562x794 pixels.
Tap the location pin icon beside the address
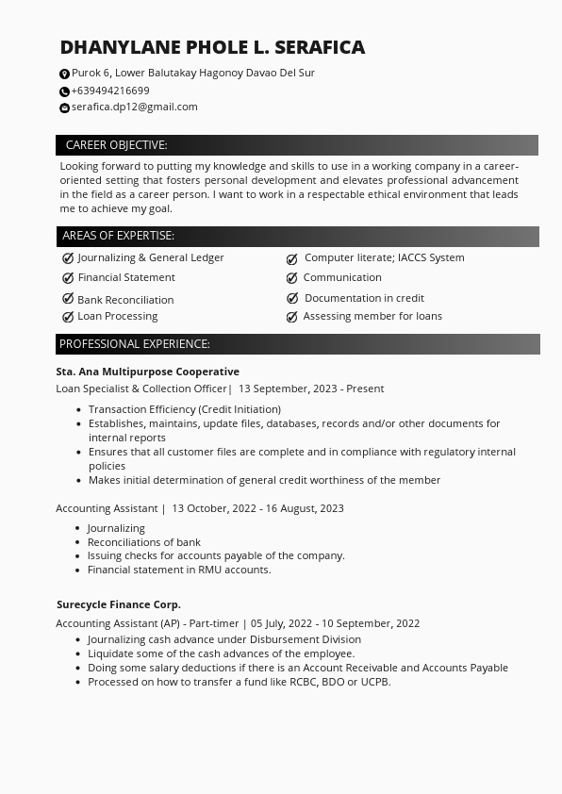tap(64, 74)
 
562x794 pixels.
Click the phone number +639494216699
tap(110, 91)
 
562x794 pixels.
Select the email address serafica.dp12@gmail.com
tap(135, 107)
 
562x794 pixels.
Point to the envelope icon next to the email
tap(64, 108)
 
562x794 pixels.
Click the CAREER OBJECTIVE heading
tap(116, 145)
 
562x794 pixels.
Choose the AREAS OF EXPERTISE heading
tap(118, 236)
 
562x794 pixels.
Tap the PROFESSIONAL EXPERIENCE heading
tap(135, 344)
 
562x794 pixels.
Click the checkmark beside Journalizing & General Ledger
tap(68, 257)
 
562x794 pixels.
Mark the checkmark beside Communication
tap(292, 278)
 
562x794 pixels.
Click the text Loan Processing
tap(118, 316)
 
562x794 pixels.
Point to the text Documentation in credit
tap(364, 298)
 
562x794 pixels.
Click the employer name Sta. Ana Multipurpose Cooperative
tap(147, 372)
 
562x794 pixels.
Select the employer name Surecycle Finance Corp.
tap(119, 604)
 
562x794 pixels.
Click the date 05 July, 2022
tap(281, 623)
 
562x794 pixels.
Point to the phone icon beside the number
tap(64, 91)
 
